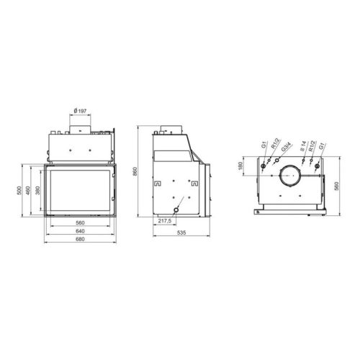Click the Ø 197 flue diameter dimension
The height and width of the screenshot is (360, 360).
tap(80, 111)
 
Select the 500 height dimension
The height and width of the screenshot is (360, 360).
tap(19, 191)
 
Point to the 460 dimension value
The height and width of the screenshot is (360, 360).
tap(28, 191)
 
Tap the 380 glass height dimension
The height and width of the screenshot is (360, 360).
tap(37, 191)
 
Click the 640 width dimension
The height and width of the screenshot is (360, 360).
tap(80, 231)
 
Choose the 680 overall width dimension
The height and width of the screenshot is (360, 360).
tap(80, 239)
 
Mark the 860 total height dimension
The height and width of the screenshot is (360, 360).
tap(135, 171)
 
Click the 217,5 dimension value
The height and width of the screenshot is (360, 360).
tap(165, 221)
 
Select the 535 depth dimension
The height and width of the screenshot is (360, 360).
tap(181, 233)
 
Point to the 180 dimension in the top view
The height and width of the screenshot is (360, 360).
tap(240, 166)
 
